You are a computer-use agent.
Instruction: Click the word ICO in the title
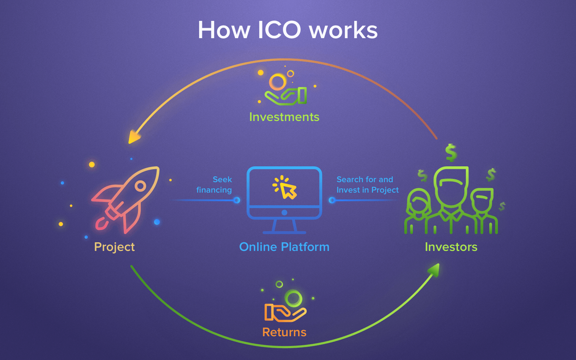279,30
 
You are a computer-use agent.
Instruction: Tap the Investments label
284,117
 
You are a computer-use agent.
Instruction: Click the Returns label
284,332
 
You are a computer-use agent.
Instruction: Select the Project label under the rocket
114,247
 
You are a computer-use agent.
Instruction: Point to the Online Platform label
284,247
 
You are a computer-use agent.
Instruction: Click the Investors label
451,247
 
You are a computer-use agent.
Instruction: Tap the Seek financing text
214,185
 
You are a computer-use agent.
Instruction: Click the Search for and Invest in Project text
368,185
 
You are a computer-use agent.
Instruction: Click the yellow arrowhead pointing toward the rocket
134,137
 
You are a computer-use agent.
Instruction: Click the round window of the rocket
140,185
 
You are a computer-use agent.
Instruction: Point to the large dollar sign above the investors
451,153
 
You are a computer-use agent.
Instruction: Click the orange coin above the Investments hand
278,82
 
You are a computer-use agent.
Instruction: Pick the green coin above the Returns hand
293,298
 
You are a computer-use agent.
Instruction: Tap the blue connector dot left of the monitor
237,200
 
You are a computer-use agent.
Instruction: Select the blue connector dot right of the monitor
332,200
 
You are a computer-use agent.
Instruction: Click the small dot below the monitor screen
284,212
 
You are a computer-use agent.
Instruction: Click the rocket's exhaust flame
102,224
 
